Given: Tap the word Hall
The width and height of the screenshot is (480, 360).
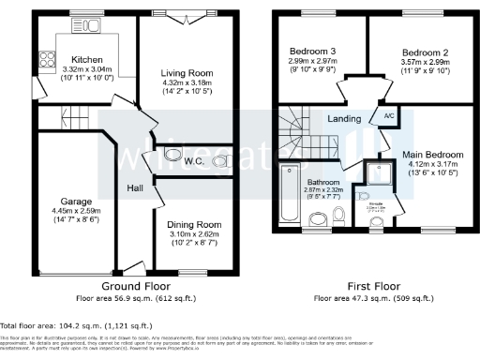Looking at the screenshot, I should pyautogui.click(x=135, y=188).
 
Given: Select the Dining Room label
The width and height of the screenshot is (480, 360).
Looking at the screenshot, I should pyautogui.click(x=194, y=224).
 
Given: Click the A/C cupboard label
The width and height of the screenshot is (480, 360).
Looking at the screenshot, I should pyautogui.click(x=387, y=117).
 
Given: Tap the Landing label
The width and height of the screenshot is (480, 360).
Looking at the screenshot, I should pyautogui.click(x=345, y=119).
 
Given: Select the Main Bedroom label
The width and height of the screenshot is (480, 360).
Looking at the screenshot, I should pyautogui.click(x=432, y=155).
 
